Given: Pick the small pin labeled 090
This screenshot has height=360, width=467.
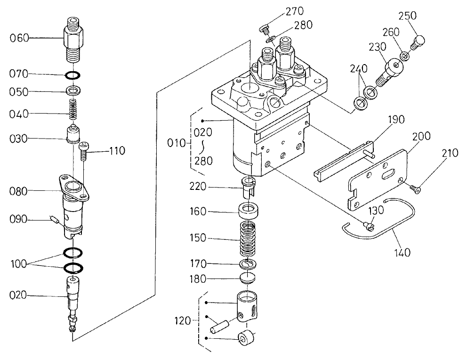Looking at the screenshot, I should click(x=54, y=219).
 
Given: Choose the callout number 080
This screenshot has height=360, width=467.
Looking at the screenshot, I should click(x=19, y=191).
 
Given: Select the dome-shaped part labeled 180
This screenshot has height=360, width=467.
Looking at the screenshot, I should click(x=248, y=278).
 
